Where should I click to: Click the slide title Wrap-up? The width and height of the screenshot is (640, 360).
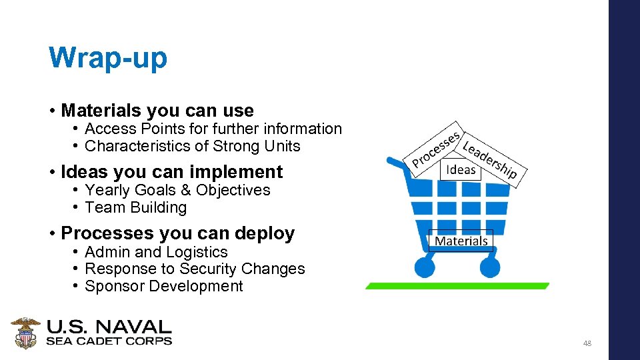[x=108, y=58]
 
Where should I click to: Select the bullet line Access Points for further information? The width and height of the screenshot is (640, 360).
[x=213, y=129]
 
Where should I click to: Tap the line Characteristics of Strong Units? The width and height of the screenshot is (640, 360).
[x=193, y=146]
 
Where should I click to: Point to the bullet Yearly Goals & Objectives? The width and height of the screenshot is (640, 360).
[x=177, y=190]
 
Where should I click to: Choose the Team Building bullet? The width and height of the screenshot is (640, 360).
[x=136, y=207]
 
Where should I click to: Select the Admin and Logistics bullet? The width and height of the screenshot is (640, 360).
[x=156, y=252]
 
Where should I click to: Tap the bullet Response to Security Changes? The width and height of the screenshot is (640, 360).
[x=195, y=269]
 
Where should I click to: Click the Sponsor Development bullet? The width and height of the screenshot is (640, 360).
[x=164, y=286]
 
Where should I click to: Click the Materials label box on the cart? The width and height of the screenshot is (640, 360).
[x=461, y=241]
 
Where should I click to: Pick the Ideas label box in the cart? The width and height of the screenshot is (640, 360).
[x=461, y=169]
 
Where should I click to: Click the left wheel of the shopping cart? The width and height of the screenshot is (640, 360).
[x=425, y=267]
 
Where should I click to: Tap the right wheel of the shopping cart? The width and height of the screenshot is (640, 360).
[x=489, y=267]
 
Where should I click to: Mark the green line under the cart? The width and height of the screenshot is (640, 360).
[x=457, y=286]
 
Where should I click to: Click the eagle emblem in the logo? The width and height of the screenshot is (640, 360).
[x=26, y=333]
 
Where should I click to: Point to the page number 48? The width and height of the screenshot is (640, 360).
[x=587, y=343]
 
